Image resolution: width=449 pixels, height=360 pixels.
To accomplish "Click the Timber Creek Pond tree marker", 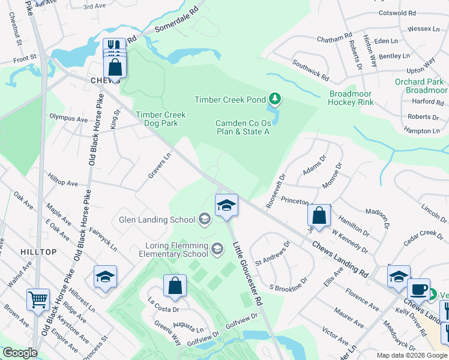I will pos(274,98).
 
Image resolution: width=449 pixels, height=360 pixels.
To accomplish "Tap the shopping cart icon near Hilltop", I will pos(38,299).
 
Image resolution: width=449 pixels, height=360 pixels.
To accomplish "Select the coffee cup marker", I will pos(419,289).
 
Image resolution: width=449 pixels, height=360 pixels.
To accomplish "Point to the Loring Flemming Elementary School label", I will pos(176,250).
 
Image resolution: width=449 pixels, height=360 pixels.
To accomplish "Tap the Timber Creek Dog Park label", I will pos(161,119).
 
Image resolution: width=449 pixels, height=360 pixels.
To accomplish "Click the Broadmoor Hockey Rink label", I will pos(351,98).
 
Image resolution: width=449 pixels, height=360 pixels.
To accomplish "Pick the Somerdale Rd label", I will pos(176,20).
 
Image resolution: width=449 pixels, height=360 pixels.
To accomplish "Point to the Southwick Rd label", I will pos(310,70).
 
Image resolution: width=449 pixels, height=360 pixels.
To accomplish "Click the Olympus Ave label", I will pos(68,119).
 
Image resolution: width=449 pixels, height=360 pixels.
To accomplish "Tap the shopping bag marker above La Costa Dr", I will pos(175,286).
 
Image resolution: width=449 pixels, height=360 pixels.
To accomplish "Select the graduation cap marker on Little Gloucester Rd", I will pos(226,205).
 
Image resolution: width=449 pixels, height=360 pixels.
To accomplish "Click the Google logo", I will pos(20,353).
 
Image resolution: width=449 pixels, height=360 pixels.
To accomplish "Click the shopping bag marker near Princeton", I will pos(319,215).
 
